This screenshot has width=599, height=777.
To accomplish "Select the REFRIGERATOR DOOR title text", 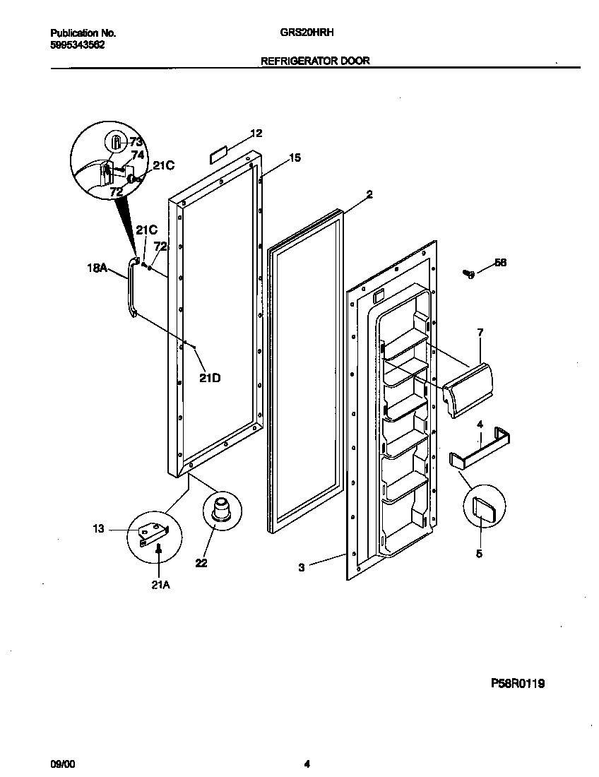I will point(315,61).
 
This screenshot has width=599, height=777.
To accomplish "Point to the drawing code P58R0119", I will point(518,683).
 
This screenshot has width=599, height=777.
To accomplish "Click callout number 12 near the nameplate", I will point(256,134).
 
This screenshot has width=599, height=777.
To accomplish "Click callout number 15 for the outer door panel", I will point(295,158).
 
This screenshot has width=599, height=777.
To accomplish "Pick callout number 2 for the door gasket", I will point(369,194).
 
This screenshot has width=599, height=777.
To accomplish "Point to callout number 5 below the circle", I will point(479,554).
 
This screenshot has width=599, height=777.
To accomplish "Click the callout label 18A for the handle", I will point(97,268).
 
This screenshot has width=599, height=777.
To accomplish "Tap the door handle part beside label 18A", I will point(129,290).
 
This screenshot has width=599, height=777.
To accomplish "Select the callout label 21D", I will point(209,377).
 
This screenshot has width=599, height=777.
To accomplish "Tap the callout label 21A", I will point(160,583).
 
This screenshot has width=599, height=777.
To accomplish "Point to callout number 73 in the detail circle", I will point(136,142).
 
